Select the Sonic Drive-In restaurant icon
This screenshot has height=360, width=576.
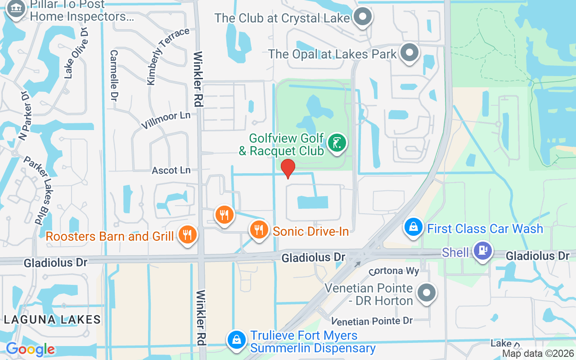click(x=258, y=230)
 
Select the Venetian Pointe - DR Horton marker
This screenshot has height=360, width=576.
click(x=426, y=293)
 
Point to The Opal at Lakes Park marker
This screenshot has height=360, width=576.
click(x=409, y=53)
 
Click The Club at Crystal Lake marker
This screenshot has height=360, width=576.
click(x=362, y=18)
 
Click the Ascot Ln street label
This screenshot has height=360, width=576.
click(x=171, y=171)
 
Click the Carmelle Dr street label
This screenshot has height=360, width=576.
click(x=114, y=75)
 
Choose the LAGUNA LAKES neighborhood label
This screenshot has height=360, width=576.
click(x=52, y=319)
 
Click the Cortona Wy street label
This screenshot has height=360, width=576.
click(x=394, y=271)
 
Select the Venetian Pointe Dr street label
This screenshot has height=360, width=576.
click(x=372, y=321)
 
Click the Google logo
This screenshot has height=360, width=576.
click(x=30, y=349)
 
